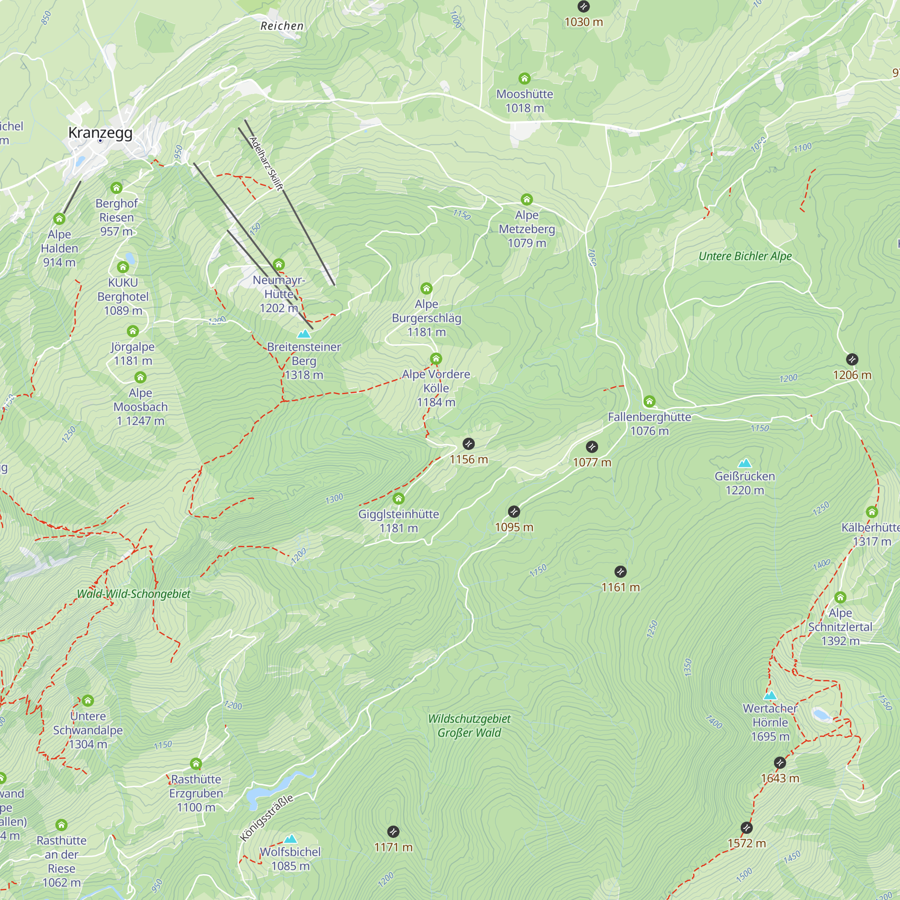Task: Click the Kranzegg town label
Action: click(x=100, y=133)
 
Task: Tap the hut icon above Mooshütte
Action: click(x=525, y=78)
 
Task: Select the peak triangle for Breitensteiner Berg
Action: click(x=304, y=334)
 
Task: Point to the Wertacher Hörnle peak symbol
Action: click(x=770, y=696)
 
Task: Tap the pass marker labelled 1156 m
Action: click(x=468, y=444)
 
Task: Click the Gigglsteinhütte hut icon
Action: click(x=398, y=499)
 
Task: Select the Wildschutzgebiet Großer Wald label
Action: click(x=469, y=726)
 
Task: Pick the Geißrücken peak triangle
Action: click(x=745, y=463)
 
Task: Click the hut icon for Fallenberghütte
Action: click(x=649, y=401)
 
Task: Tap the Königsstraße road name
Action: click(x=267, y=818)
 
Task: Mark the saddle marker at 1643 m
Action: click(x=780, y=763)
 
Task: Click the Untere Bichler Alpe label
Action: click(x=745, y=256)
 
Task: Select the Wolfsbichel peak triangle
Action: click(x=290, y=839)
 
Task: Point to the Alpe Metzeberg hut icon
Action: click(x=526, y=199)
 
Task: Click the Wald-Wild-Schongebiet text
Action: click(x=134, y=594)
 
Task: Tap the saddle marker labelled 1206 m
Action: click(x=852, y=359)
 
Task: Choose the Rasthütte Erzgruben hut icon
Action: click(x=196, y=764)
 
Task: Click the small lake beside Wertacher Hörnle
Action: click(x=821, y=715)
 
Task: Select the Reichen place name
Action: click(x=282, y=26)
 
